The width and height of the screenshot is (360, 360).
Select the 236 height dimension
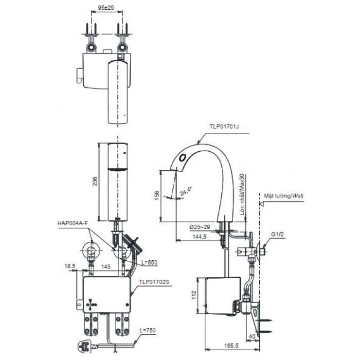coord(95,181)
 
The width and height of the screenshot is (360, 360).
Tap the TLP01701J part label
coord(225,126)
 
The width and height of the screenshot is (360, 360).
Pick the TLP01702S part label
coord(154,281)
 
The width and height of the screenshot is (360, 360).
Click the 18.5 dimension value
coord(69,267)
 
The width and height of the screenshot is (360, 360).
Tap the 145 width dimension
coord(105,267)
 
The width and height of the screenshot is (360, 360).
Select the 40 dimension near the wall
coord(252,336)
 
